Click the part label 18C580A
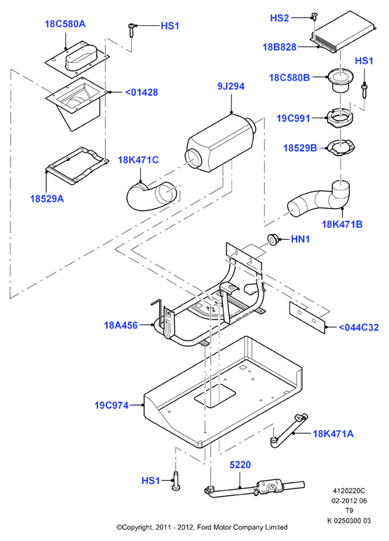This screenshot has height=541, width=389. point(65,24)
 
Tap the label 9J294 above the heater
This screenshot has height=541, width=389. point(231,86)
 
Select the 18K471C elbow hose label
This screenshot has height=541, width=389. point(138,160)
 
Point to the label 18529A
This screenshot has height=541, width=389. point(47,199)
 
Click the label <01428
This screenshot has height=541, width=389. point(141,93)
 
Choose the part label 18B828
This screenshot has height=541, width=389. point(279,47)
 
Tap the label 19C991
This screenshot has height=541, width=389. point(294,118)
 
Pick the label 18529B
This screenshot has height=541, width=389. point(300,148)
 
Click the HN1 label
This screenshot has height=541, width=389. point(300,239)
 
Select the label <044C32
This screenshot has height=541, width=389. point(358,327)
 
